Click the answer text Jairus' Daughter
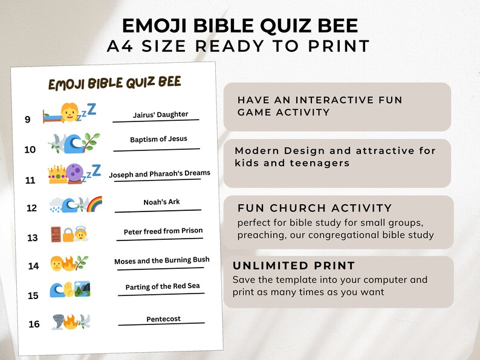click(x=160, y=114)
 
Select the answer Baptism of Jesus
click(x=158, y=140)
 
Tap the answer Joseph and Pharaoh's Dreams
click(x=160, y=174)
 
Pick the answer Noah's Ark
click(x=161, y=202)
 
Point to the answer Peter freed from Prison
click(x=163, y=231)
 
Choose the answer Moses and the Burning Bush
click(x=162, y=260)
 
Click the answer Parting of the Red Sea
click(x=163, y=286)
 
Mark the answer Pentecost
click(x=163, y=319)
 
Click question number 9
click(x=28, y=120)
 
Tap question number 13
click(x=32, y=237)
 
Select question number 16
click(x=34, y=324)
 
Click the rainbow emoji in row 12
click(x=93, y=204)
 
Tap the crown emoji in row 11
click(x=57, y=175)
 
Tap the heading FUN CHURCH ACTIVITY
click(x=315, y=208)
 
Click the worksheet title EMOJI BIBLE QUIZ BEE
click(x=114, y=83)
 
